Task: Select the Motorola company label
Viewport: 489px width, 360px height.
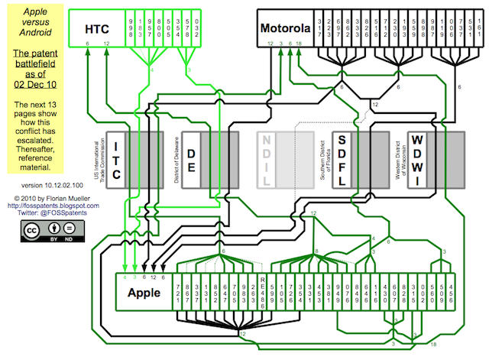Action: pyautogui.click(x=285, y=30)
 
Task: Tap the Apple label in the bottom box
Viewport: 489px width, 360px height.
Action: pyautogui.click(x=143, y=292)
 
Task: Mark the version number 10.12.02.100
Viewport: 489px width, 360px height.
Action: pyautogui.click(x=35, y=185)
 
